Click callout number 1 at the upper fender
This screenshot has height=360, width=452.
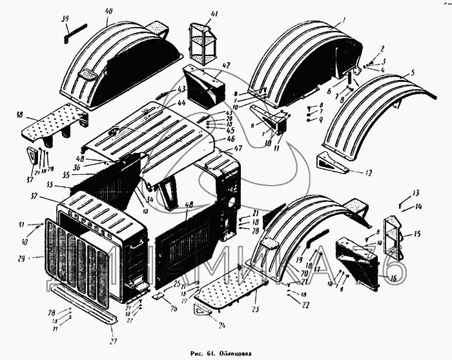(x=344, y=21)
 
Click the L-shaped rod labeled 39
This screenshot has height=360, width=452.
(x=70, y=34)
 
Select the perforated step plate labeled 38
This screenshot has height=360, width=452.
(x=55, y=130)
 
